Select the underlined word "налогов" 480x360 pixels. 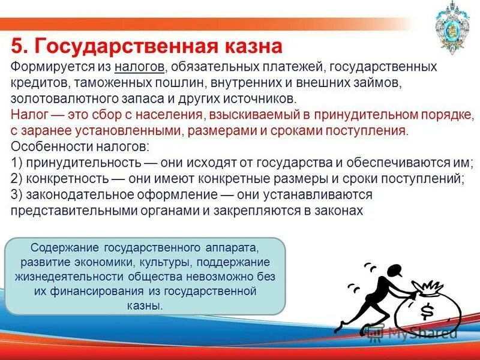(x=140, y=65)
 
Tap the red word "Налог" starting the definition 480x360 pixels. (x=28, y=114)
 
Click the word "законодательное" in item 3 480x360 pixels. (x=71, y=195)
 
